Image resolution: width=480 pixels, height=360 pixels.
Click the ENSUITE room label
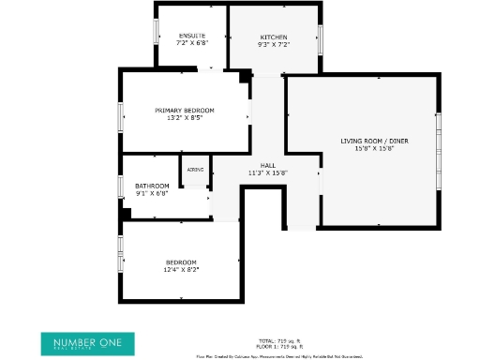(191, 36)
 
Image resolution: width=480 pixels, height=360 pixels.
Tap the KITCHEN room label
(274, 37)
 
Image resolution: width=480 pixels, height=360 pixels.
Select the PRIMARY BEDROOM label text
(184, 111)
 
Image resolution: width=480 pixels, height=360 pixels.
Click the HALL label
(267, 165)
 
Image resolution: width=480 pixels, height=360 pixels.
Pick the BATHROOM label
(152, 186)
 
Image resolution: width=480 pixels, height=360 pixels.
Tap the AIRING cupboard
(195, 170)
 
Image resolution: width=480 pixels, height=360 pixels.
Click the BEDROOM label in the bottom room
(181, 262)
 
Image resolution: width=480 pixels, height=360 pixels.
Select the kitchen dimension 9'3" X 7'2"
(274, 44)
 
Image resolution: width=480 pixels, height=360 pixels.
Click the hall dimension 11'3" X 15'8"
(267, 172)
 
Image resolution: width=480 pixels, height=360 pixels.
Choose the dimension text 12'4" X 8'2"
(181, 269)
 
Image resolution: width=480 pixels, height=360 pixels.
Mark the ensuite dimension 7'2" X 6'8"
(191, 43)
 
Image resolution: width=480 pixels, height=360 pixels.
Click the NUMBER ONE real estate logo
(87, 341)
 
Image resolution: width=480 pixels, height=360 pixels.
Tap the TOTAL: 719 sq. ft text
(279, 340)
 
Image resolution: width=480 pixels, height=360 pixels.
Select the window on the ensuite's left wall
(156, 32)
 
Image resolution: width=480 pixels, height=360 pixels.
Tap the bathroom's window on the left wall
(121, 186)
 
